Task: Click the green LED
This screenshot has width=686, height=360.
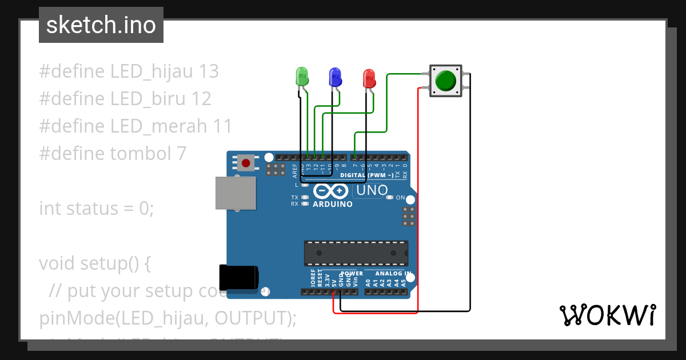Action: (301, 76)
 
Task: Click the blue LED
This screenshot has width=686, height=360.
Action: (335, 76)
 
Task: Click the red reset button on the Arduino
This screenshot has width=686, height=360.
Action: (246, 163)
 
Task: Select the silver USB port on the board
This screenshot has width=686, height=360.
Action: (235, 193)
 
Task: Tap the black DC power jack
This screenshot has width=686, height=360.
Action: (239, 278)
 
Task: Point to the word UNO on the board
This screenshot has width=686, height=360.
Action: (372, 190)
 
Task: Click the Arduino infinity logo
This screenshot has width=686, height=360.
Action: (331, 191)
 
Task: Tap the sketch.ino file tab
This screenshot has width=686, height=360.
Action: (101, 25)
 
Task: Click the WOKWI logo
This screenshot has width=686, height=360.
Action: (607, 315)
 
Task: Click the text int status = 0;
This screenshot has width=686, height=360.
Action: (97, 208)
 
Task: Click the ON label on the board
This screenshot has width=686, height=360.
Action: (400, 198)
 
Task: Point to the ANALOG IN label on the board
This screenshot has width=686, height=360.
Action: (393, 274)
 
